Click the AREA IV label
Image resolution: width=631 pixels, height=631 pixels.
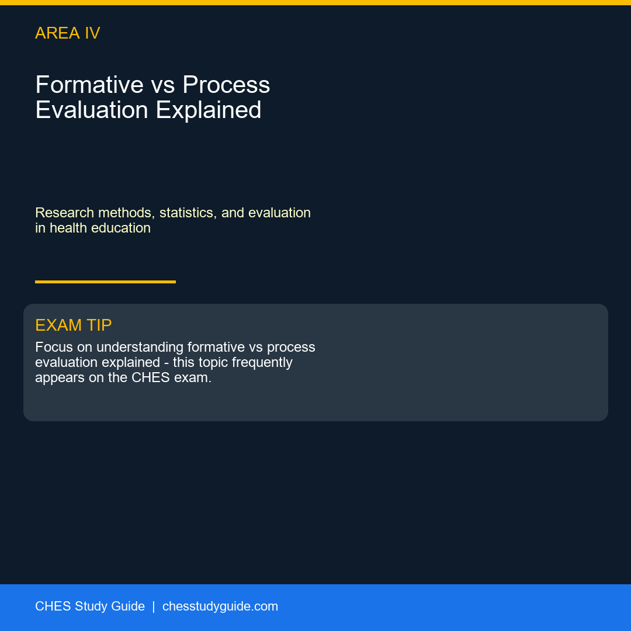(x=68, y=33)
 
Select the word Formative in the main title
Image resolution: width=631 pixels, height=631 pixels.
(x=89, y=85)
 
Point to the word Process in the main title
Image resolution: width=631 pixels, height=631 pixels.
(x=226, y=85)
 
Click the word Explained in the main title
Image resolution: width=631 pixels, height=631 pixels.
(x=209, y=110)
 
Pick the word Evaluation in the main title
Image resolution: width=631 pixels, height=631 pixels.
(x=92, y=110)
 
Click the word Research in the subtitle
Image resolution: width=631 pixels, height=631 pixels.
(x=64, y=213)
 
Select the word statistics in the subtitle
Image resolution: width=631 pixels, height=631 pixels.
(x=188, y=213)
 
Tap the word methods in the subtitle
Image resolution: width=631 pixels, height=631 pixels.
(x=126, y=213)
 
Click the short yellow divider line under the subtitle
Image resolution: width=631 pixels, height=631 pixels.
(x=105, y=282)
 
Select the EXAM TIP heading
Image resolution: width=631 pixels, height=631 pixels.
(x=73, y=325)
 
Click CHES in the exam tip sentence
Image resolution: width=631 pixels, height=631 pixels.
(x=151, y=377)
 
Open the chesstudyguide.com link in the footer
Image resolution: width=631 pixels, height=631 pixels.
(x=220, y=606)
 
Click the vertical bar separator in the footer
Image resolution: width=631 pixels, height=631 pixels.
(x=153, y=606)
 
